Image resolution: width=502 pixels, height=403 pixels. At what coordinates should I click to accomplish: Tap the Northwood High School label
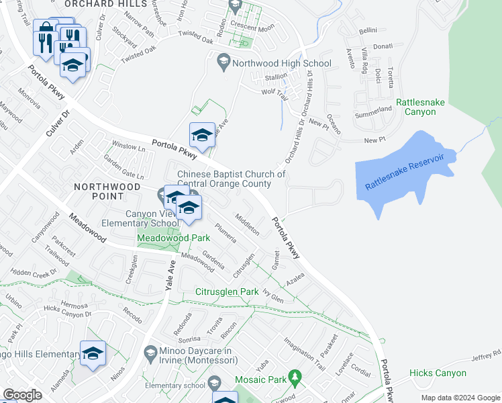tap(281, 64)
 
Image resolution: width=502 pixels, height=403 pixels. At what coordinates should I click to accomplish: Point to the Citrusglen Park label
tap(227, 292)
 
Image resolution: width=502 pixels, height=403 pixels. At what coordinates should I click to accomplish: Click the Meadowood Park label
tap(164, 238)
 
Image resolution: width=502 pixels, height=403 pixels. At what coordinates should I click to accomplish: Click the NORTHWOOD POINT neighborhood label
tap(107, 191)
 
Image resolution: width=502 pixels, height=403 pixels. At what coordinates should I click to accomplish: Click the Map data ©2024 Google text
tap(460, 398)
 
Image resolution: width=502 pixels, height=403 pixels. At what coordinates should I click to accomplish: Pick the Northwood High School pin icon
tap(224, 64)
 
